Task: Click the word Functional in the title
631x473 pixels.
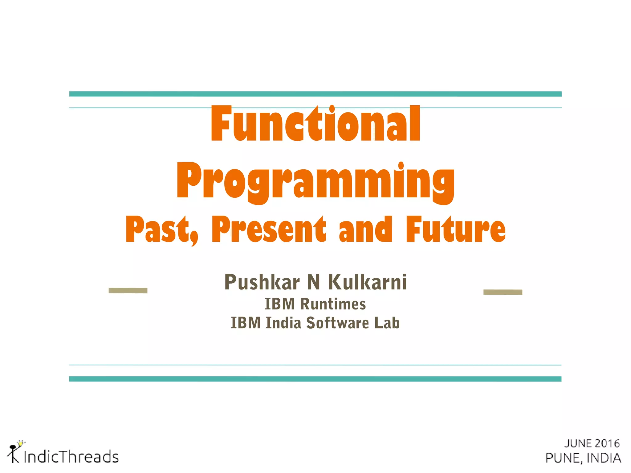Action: [315, 124]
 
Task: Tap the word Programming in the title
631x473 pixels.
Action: [315, 182]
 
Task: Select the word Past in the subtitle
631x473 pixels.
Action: [159, 229]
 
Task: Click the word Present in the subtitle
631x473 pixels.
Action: [268, 229]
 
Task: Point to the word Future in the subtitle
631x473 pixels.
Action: [455, 229]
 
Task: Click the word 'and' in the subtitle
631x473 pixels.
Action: [365, 229]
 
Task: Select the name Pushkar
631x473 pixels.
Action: [262, 282]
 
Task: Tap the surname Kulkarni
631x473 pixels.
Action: [367, 282]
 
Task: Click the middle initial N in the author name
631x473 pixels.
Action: [314, 282]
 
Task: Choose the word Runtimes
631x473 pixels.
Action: [333, 304]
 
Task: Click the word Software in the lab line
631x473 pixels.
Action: [337, 323]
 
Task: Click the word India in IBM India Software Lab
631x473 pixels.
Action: [283, 323]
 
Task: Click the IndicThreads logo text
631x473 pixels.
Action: [71, 457]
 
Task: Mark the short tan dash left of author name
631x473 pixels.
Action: [128, 290]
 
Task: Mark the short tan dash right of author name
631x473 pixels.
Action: [503, 292]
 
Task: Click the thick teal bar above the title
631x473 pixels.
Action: [315, 94]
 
